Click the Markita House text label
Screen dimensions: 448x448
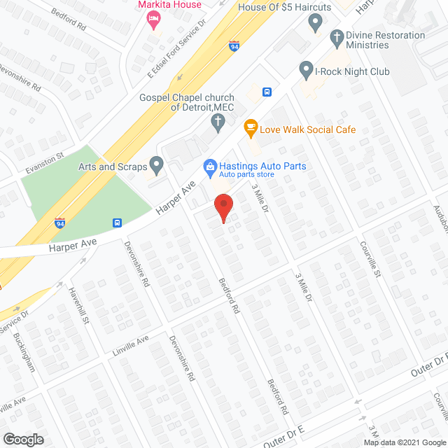(169, 5)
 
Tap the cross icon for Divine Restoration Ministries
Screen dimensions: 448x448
(337, 37)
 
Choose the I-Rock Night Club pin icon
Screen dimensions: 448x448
(305, 69)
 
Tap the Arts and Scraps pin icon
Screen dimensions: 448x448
(157, 165)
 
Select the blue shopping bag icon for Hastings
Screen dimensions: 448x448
(208, 166)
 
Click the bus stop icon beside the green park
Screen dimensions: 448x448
(117, 223)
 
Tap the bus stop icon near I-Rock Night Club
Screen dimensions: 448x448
(267, 92)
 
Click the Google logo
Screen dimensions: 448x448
(23, 439)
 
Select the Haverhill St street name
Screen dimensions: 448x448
(78, 309)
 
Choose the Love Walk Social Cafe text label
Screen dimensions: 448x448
(307, 129)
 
